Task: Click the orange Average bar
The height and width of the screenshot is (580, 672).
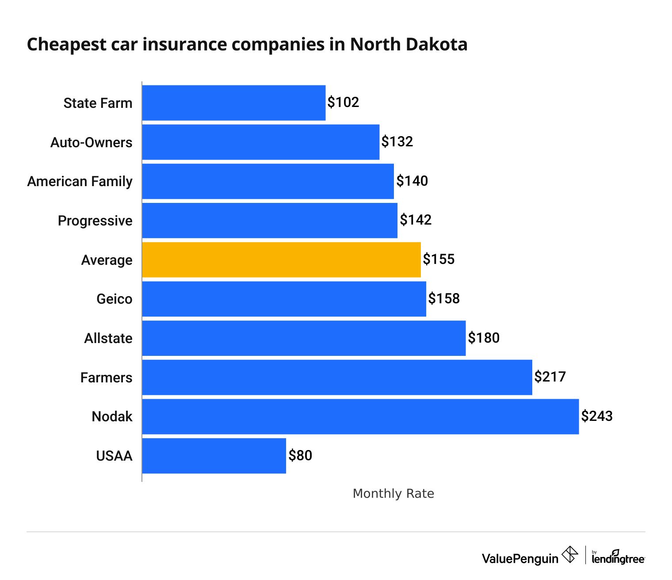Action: pos(281,260)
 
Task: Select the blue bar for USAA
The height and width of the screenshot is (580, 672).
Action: pos(214,456)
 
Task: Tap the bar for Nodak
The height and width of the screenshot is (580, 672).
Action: pos(360,416)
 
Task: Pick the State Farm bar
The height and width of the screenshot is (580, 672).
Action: pos(233,103)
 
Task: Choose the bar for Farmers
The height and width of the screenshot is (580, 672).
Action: pos(337,378)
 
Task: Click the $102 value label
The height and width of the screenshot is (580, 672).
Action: pos(343,103)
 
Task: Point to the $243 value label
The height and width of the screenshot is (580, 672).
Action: pos(597,416)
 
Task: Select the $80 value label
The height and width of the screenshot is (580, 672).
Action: pos(300,455)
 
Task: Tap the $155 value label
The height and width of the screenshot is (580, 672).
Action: pos(439,259)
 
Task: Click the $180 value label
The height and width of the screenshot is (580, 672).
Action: pos(484,338)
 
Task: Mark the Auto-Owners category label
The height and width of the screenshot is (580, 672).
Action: pos(91,142)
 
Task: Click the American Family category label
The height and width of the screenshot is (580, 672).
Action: pos(80,182)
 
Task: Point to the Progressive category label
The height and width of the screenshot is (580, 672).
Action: pos(95,221)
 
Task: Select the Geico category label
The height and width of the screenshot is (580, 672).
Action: pos(114,299)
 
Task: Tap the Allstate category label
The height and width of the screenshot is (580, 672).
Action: pos(108,338)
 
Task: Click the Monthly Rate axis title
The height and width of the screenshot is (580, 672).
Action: pos(393,494)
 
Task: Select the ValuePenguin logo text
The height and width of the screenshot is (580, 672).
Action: pos(520,559)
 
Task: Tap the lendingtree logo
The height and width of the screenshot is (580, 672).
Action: pos(618,558)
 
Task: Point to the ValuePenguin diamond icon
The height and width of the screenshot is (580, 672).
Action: pos(570,554)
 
